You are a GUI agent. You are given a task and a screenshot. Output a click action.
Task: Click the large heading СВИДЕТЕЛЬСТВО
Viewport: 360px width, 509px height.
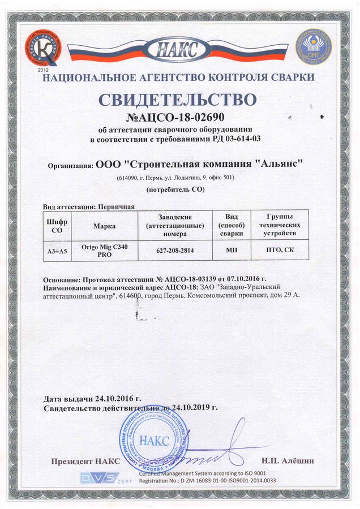tap(178, 100)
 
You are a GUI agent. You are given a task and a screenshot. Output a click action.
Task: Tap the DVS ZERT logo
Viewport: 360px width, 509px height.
tap(106, 478)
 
